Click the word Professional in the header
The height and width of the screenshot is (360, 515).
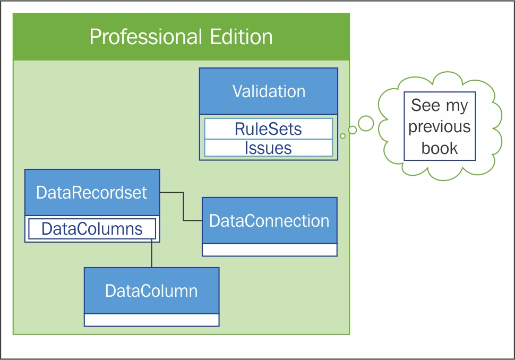click(x=146, y=37)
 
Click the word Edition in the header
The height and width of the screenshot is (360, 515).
click(x=242, y=37)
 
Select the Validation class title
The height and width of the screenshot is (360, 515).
click(x=269, y=91)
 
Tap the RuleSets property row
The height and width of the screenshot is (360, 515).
click(x=268, y=128)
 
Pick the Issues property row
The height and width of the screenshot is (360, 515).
click(x=268, y=148)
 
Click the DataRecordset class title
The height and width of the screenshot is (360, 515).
click(x=92, y=193)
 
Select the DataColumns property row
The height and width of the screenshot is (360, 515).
click(x=92, y=229)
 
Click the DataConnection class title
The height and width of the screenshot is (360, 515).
click(x=269, y=221)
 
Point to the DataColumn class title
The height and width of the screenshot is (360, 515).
click(x=151, y=290)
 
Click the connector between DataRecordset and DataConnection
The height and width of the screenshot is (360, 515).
click(x=183, y=206)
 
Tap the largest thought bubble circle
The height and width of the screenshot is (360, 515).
click(x=366, y=124)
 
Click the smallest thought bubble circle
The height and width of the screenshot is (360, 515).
click(x=343, y=136)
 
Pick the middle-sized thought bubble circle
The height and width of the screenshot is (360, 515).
click(x=353, y=130)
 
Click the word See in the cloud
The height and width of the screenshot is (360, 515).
click(x=425, y=105)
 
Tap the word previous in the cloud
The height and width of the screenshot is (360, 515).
click(x=440, y=127)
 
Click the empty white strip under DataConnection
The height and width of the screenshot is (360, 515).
click(x=270, y=250)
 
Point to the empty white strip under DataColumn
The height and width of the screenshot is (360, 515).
click(x=152, y=320)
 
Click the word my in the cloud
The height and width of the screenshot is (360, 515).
click(x=457, y=106)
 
